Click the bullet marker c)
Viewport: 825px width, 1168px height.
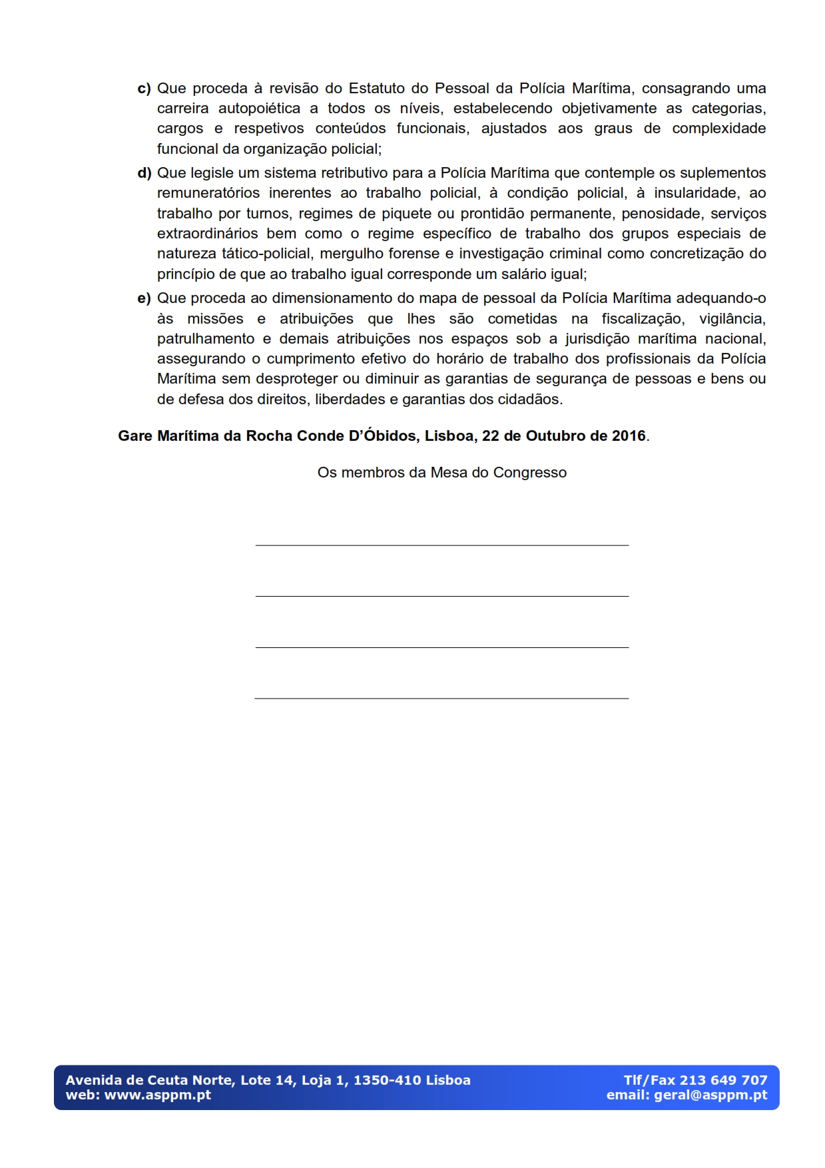[x=144, y=89]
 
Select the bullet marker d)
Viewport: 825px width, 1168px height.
[x=144, y=173]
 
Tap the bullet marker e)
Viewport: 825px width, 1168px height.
[x=144, y=298]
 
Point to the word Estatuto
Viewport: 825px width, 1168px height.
[x=377, y=89]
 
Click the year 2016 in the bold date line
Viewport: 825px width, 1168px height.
[x=629, y=436]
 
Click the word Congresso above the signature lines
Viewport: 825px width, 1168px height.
[x=529, y=473]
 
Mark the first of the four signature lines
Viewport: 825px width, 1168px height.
[x=441, y=545]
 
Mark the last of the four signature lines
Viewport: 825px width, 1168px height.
[x=441, y=698]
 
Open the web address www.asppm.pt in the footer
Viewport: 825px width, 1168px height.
[x=158, y=1095]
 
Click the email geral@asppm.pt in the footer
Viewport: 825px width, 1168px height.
[x=710, y=1095]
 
